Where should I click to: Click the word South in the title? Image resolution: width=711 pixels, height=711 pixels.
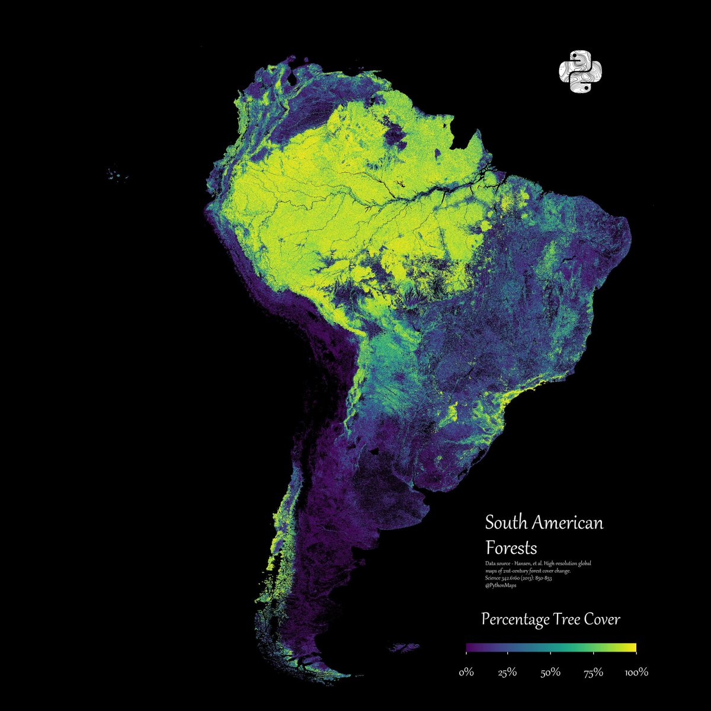[506, 523]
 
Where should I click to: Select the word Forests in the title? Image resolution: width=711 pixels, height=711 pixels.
[511, 546]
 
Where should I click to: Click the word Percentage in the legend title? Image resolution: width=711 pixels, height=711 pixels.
[515, 620]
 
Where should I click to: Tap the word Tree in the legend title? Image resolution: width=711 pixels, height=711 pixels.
[568, 620]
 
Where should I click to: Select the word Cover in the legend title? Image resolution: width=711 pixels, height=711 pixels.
[603, 620]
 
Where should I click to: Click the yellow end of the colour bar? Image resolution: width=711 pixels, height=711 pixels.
[632, 647]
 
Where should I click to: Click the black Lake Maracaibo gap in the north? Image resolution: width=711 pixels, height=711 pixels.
[293, 77]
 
